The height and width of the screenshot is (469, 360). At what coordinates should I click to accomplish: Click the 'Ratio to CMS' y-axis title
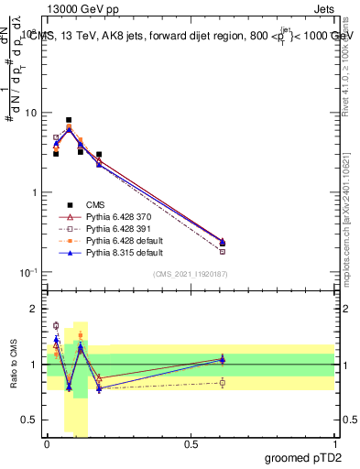click(x=12, y=365)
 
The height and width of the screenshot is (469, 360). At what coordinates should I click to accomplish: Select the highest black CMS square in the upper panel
click(x=69, y=120)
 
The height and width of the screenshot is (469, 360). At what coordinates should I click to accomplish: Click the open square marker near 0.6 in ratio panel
click(x=223, y=383)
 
